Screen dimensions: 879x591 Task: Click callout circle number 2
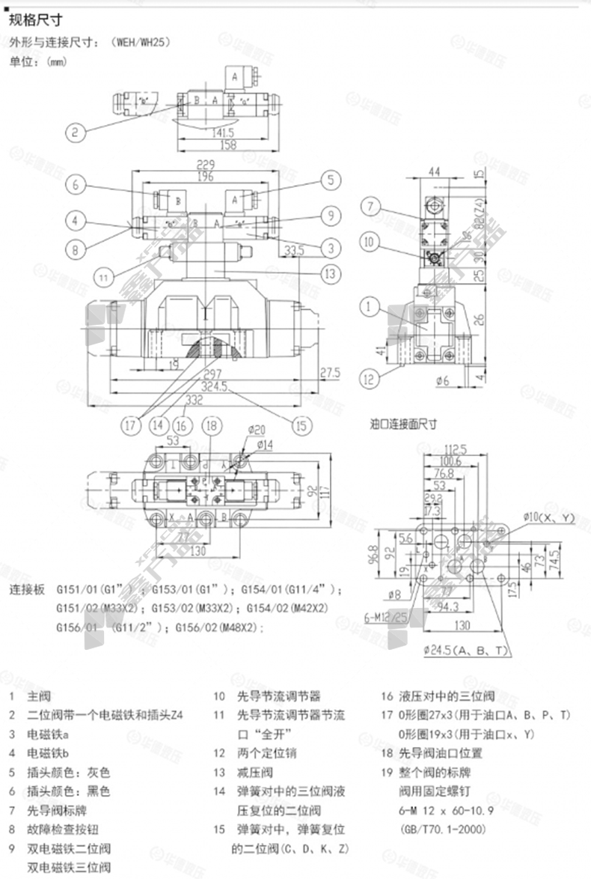(x=74, y=134)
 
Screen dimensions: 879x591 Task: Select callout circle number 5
(x=329, y=180)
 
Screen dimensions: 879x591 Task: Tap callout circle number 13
(x=329, y=274)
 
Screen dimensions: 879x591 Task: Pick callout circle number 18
(x=213, y=425)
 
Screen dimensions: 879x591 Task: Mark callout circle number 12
(x=368, y=379)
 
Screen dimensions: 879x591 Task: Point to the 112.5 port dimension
(x=456, y=449)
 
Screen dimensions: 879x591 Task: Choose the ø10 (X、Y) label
(x=548, y=517)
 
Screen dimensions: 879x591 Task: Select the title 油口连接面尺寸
(x=405, y=424)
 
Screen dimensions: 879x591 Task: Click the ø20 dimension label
(x=257, y=430)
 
